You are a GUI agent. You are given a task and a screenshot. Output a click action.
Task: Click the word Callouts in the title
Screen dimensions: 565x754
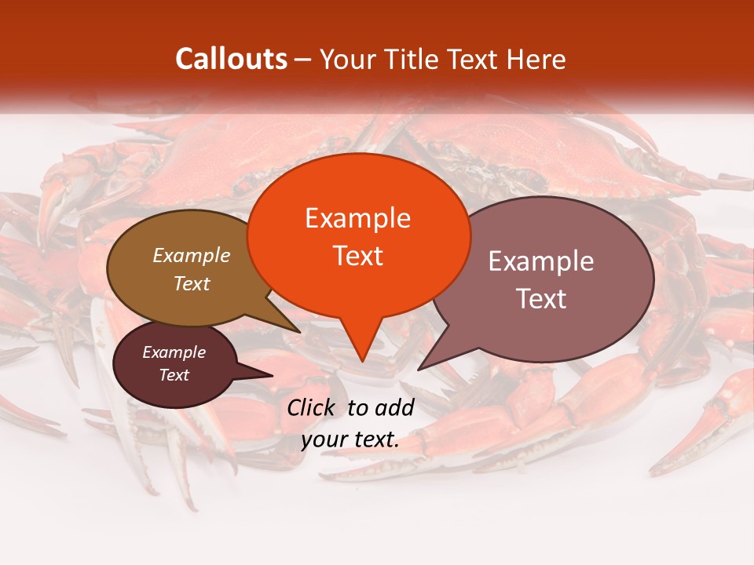point(231,59)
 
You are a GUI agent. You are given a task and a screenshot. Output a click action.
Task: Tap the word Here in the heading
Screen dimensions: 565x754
point(537,59)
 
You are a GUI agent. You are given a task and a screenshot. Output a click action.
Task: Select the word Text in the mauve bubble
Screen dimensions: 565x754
point(541,299)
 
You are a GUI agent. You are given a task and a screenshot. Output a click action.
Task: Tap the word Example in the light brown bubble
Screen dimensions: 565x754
point(191,255)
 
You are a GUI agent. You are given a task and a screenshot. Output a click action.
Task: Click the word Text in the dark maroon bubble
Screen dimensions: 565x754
point(174,375)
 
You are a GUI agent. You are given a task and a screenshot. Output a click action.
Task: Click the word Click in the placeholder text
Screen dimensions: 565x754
point(312,407)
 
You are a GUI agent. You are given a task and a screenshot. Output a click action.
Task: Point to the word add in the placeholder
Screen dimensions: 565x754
point(393,407)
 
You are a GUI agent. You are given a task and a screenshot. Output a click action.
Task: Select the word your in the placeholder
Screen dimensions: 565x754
point(324,439)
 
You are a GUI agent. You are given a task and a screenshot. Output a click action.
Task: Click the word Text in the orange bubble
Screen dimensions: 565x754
point(357,256)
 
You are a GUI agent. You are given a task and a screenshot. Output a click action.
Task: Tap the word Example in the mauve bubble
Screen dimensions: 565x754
point(541,261)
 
